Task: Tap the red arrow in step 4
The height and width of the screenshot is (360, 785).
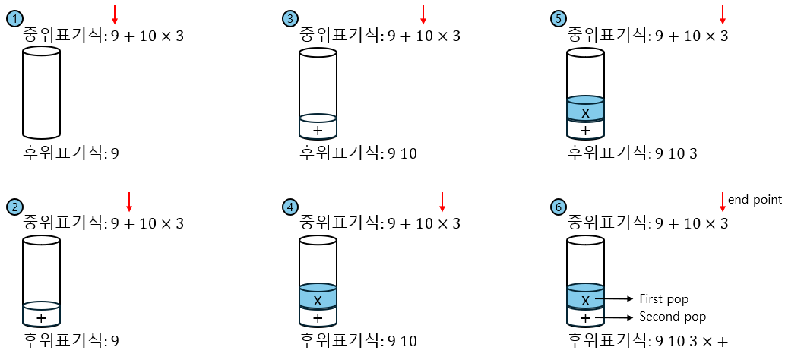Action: tap(442, 201)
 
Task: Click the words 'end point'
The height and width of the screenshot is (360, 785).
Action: tap(755, 200)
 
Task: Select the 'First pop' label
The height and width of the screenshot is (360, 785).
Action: tap(663, 299)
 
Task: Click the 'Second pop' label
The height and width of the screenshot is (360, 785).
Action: tap(672, 316)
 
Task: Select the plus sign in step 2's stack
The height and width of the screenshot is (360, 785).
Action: tap(42, 317)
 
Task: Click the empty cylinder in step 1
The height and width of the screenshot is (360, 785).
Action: tap(42, 91)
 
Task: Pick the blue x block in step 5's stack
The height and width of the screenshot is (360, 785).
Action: tap(585, 110)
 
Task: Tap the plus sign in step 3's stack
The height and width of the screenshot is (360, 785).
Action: tap(318, 130)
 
